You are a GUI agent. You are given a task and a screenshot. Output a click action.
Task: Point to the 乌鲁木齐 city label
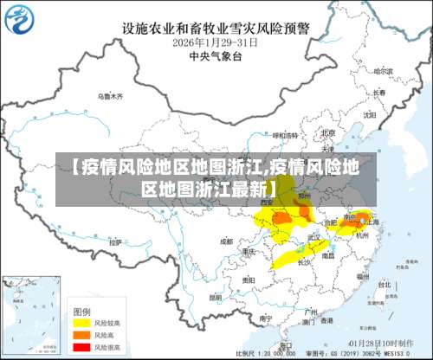(110, 95)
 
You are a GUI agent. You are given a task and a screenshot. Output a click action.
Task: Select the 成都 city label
(227, 241)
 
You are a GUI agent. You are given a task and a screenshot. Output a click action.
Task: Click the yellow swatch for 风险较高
(81, 322)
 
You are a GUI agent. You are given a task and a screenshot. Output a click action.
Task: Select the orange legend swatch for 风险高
(81, 333)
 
